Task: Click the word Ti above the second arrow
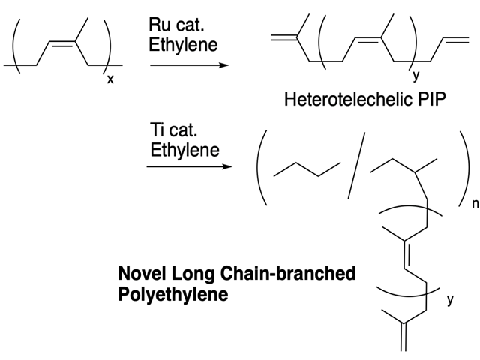coord(156,130)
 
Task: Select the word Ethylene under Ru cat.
coord(183,45)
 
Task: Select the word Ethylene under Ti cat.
coord(185,150)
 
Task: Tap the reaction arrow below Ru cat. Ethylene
coord(190,65)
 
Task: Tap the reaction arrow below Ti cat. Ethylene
coord(190,166)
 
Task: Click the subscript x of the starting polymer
coord(110,80)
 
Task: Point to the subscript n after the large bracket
coord(475,203)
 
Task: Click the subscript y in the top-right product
coord(415,75)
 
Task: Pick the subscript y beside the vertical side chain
coord(449,299)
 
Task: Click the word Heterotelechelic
coord(343,100)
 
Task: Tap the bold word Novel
coord(142,273)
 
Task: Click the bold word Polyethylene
coord(173,295)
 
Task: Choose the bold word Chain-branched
coord(288,273)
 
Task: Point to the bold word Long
coord(193,274)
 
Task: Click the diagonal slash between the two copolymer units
coord(357,166)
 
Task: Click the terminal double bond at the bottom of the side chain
coord(403,337)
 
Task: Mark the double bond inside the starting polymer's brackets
coord(61,43)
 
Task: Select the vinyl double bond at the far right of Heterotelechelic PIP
coord(456,40)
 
